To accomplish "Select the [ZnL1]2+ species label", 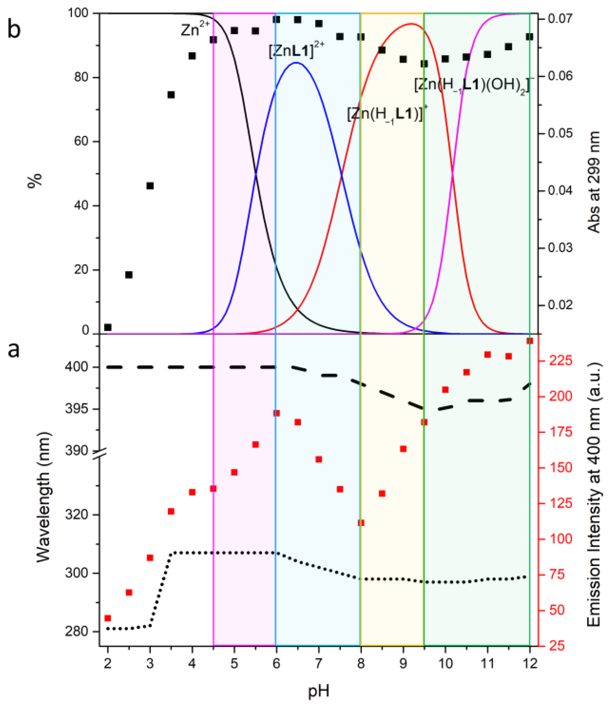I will [x=296, y=51].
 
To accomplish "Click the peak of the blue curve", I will [x=296, y=63].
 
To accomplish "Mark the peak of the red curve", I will [x=411, y=24].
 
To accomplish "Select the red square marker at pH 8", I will [x=361, y=523].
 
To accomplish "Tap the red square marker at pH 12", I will [x=530, y=341].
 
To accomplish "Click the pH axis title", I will [x=319, y=691].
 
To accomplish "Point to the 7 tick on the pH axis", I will [x=319, y=663].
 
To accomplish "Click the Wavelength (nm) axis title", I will [x=43, y=497].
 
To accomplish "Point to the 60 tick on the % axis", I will [x=81, y=142].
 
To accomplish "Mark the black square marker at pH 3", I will [x=150, y=186].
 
